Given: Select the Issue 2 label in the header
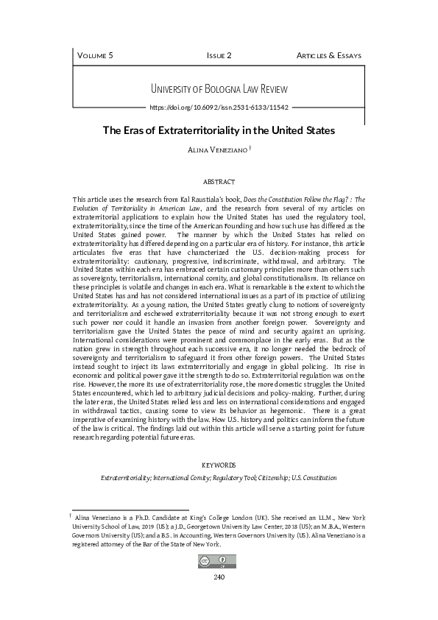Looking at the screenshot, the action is [219, 55].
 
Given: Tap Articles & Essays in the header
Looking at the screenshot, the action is [328, 55].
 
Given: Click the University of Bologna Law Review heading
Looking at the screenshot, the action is [218, 89].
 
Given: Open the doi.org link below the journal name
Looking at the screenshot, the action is [218, 107].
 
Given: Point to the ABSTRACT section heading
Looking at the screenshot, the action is [219, 181].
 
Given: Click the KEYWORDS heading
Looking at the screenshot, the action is [219, 465].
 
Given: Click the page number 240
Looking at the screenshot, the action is [219, 577].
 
